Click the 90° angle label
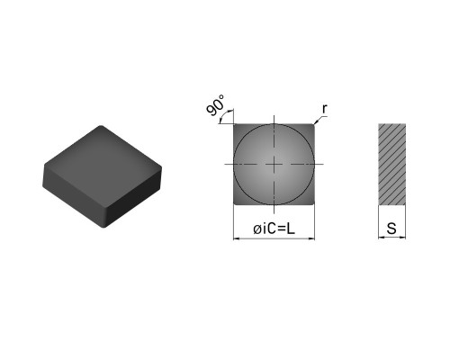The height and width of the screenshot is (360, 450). tap(215, 105)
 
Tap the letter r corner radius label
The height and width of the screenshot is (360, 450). tap(325, 109)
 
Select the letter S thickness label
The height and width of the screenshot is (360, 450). tap(391, 229)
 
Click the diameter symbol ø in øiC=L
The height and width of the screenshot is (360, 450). tap(257, 229)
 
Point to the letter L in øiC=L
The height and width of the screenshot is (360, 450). tap(291, 229)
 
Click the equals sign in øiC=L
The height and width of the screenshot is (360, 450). tap(282, 229)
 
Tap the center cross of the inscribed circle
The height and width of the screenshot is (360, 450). tap(274, 164)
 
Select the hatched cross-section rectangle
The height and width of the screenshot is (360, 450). tap(392, 165)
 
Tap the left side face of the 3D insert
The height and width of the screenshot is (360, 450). tap(74, 194)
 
